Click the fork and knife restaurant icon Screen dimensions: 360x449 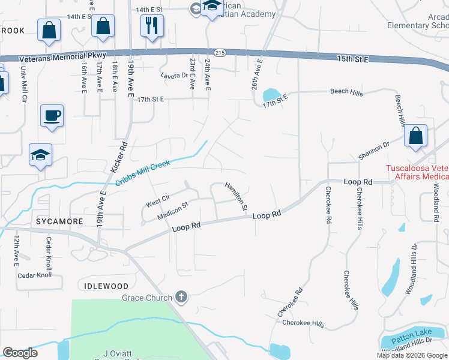(x=151, y=26)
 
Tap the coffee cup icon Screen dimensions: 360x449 (x=52, y=115)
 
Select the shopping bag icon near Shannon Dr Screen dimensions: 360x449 (x=416, y=136)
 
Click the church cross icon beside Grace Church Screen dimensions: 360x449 (x=181, y=297)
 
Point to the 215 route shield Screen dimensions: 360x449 (x=220, y=53)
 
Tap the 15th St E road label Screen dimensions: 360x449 (x=352, y=59)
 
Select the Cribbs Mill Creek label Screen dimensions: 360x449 (x=143, y=173)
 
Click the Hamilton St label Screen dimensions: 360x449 (x=237, y=196)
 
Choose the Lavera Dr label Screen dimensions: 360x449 (x=175, y=76)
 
